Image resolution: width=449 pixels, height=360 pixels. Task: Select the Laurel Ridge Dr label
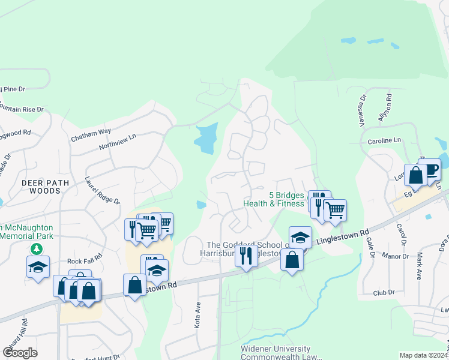pyautogui.click(x=103, y=190)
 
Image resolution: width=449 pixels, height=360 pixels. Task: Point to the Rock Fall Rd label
pyautogui.click(x=85, y=260)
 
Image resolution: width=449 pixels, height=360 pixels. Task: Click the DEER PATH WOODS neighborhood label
pyautogui.click(x=41, y=186)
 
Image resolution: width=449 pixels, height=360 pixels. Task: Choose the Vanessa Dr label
pyautogui.click(x=363, y=106)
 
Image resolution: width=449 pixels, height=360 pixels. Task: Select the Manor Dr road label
pyautogui.click(x=398, y=256)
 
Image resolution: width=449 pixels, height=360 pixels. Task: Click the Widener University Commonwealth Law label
pyautogui.click(x=276, y=353)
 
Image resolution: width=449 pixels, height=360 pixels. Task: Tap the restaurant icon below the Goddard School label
pyautogui.click(x=246, y=256)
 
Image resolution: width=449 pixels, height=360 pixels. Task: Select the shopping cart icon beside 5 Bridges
pyautogui.click(x=335, y=210)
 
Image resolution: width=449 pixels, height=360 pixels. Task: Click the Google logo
pyautogui.click(x=20, y=352)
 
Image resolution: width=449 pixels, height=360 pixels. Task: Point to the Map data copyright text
pyautogui.click(x=424, y=355)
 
